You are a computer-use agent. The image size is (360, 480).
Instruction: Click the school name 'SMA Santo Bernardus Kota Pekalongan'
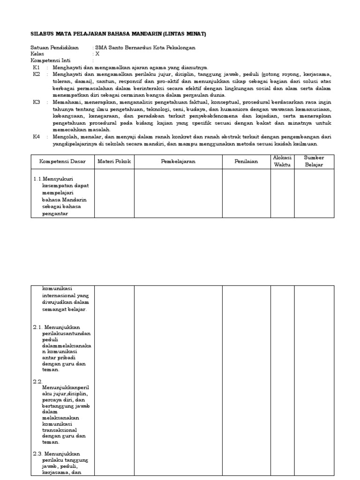click(145, 48)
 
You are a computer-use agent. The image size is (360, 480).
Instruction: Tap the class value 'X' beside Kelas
click(97, 54)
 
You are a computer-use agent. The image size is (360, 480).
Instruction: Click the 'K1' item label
click(36, 67)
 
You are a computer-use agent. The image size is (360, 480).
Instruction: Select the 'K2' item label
click(37, 75)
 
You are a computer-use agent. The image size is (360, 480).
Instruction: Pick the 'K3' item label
click(37, 102)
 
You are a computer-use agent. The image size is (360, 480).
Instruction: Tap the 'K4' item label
click(37, 136)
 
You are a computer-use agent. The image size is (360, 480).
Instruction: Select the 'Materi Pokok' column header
click(114, 161)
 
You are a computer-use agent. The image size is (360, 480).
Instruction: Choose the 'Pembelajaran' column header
click(178, 161)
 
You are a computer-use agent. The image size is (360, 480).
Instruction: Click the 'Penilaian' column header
click(246, 161)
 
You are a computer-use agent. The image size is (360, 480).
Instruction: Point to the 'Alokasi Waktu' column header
click(282, 161)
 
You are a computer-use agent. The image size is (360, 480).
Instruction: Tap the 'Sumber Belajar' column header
click(314, 161)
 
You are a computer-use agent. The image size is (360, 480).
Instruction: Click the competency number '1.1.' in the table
click(37, 179)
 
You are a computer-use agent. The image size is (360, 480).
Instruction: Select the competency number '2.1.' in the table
click(37, 327)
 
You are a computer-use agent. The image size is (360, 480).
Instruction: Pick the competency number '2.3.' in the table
click(37, 454)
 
